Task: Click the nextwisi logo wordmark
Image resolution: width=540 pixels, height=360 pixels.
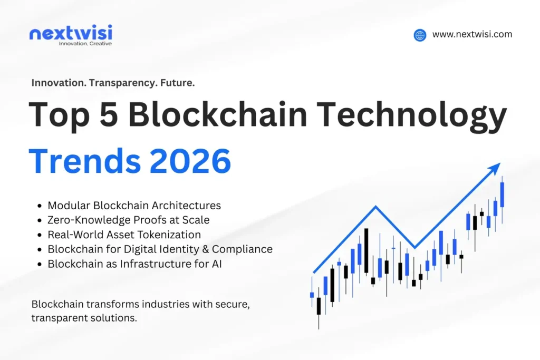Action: [x=71, y=33]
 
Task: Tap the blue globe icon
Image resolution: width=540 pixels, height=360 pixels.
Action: [x=420, y=35]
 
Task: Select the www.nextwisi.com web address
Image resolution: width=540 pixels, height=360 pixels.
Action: [x=472, y=34]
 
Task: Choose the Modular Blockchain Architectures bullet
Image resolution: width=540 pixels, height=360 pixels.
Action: [x=134, y=206]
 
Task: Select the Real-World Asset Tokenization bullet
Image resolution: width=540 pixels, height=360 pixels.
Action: [x=124, y=235]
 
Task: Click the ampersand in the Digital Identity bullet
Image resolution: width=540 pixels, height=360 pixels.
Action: [x=219, y=249]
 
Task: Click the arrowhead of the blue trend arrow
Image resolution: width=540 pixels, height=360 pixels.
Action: [x=495, y=168]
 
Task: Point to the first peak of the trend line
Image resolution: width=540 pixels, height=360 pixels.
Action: [x=375, y=206]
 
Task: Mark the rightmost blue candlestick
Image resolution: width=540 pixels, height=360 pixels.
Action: [x=502, y=194]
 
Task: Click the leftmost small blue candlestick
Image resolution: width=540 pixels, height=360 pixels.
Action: [x=312, y=295]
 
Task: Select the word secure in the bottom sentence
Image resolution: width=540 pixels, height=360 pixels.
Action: [x=243, y=304]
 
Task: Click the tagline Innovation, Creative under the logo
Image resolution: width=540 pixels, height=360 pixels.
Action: [x=85, y=44]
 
